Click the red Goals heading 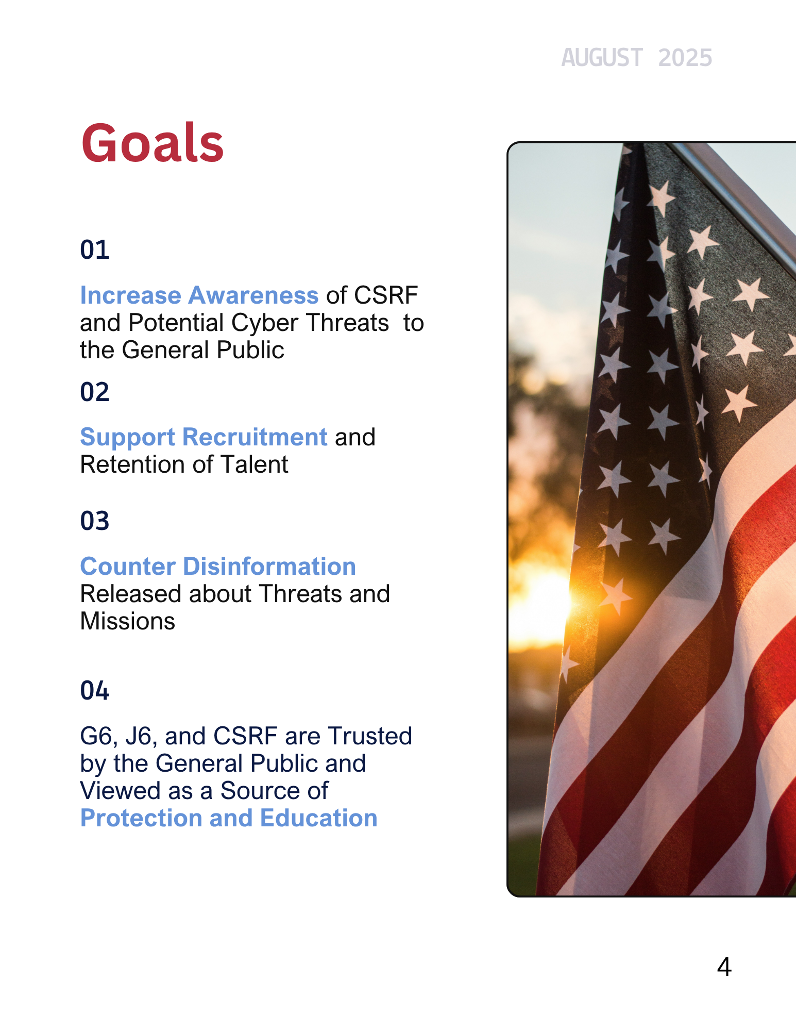tap(153, 143)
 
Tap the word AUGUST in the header tap(602, 58)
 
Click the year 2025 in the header tap(685, 58)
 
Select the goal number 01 tap(95, 250)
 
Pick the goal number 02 tap(95, 392)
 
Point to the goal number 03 tap(95, 521)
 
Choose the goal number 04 tap(95, 690)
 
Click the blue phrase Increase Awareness tap(199, 296)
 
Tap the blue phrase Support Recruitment tap(204, 438)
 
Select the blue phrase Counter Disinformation tap(218, 567)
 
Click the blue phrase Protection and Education tap(229, 818)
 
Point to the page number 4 tap(724, 967)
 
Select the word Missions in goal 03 tap(128, 621)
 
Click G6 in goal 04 tap(96, 736)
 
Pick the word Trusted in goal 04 tap(370, 736)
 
